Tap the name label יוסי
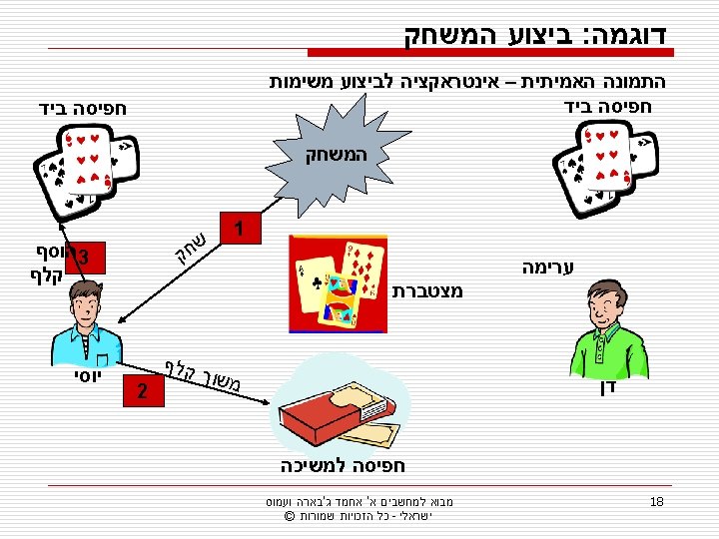pos(83,378)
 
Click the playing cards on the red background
pos(337,283)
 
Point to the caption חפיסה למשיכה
pos(343,465)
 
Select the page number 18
pos(656,501)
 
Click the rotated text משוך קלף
pos(200,373)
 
